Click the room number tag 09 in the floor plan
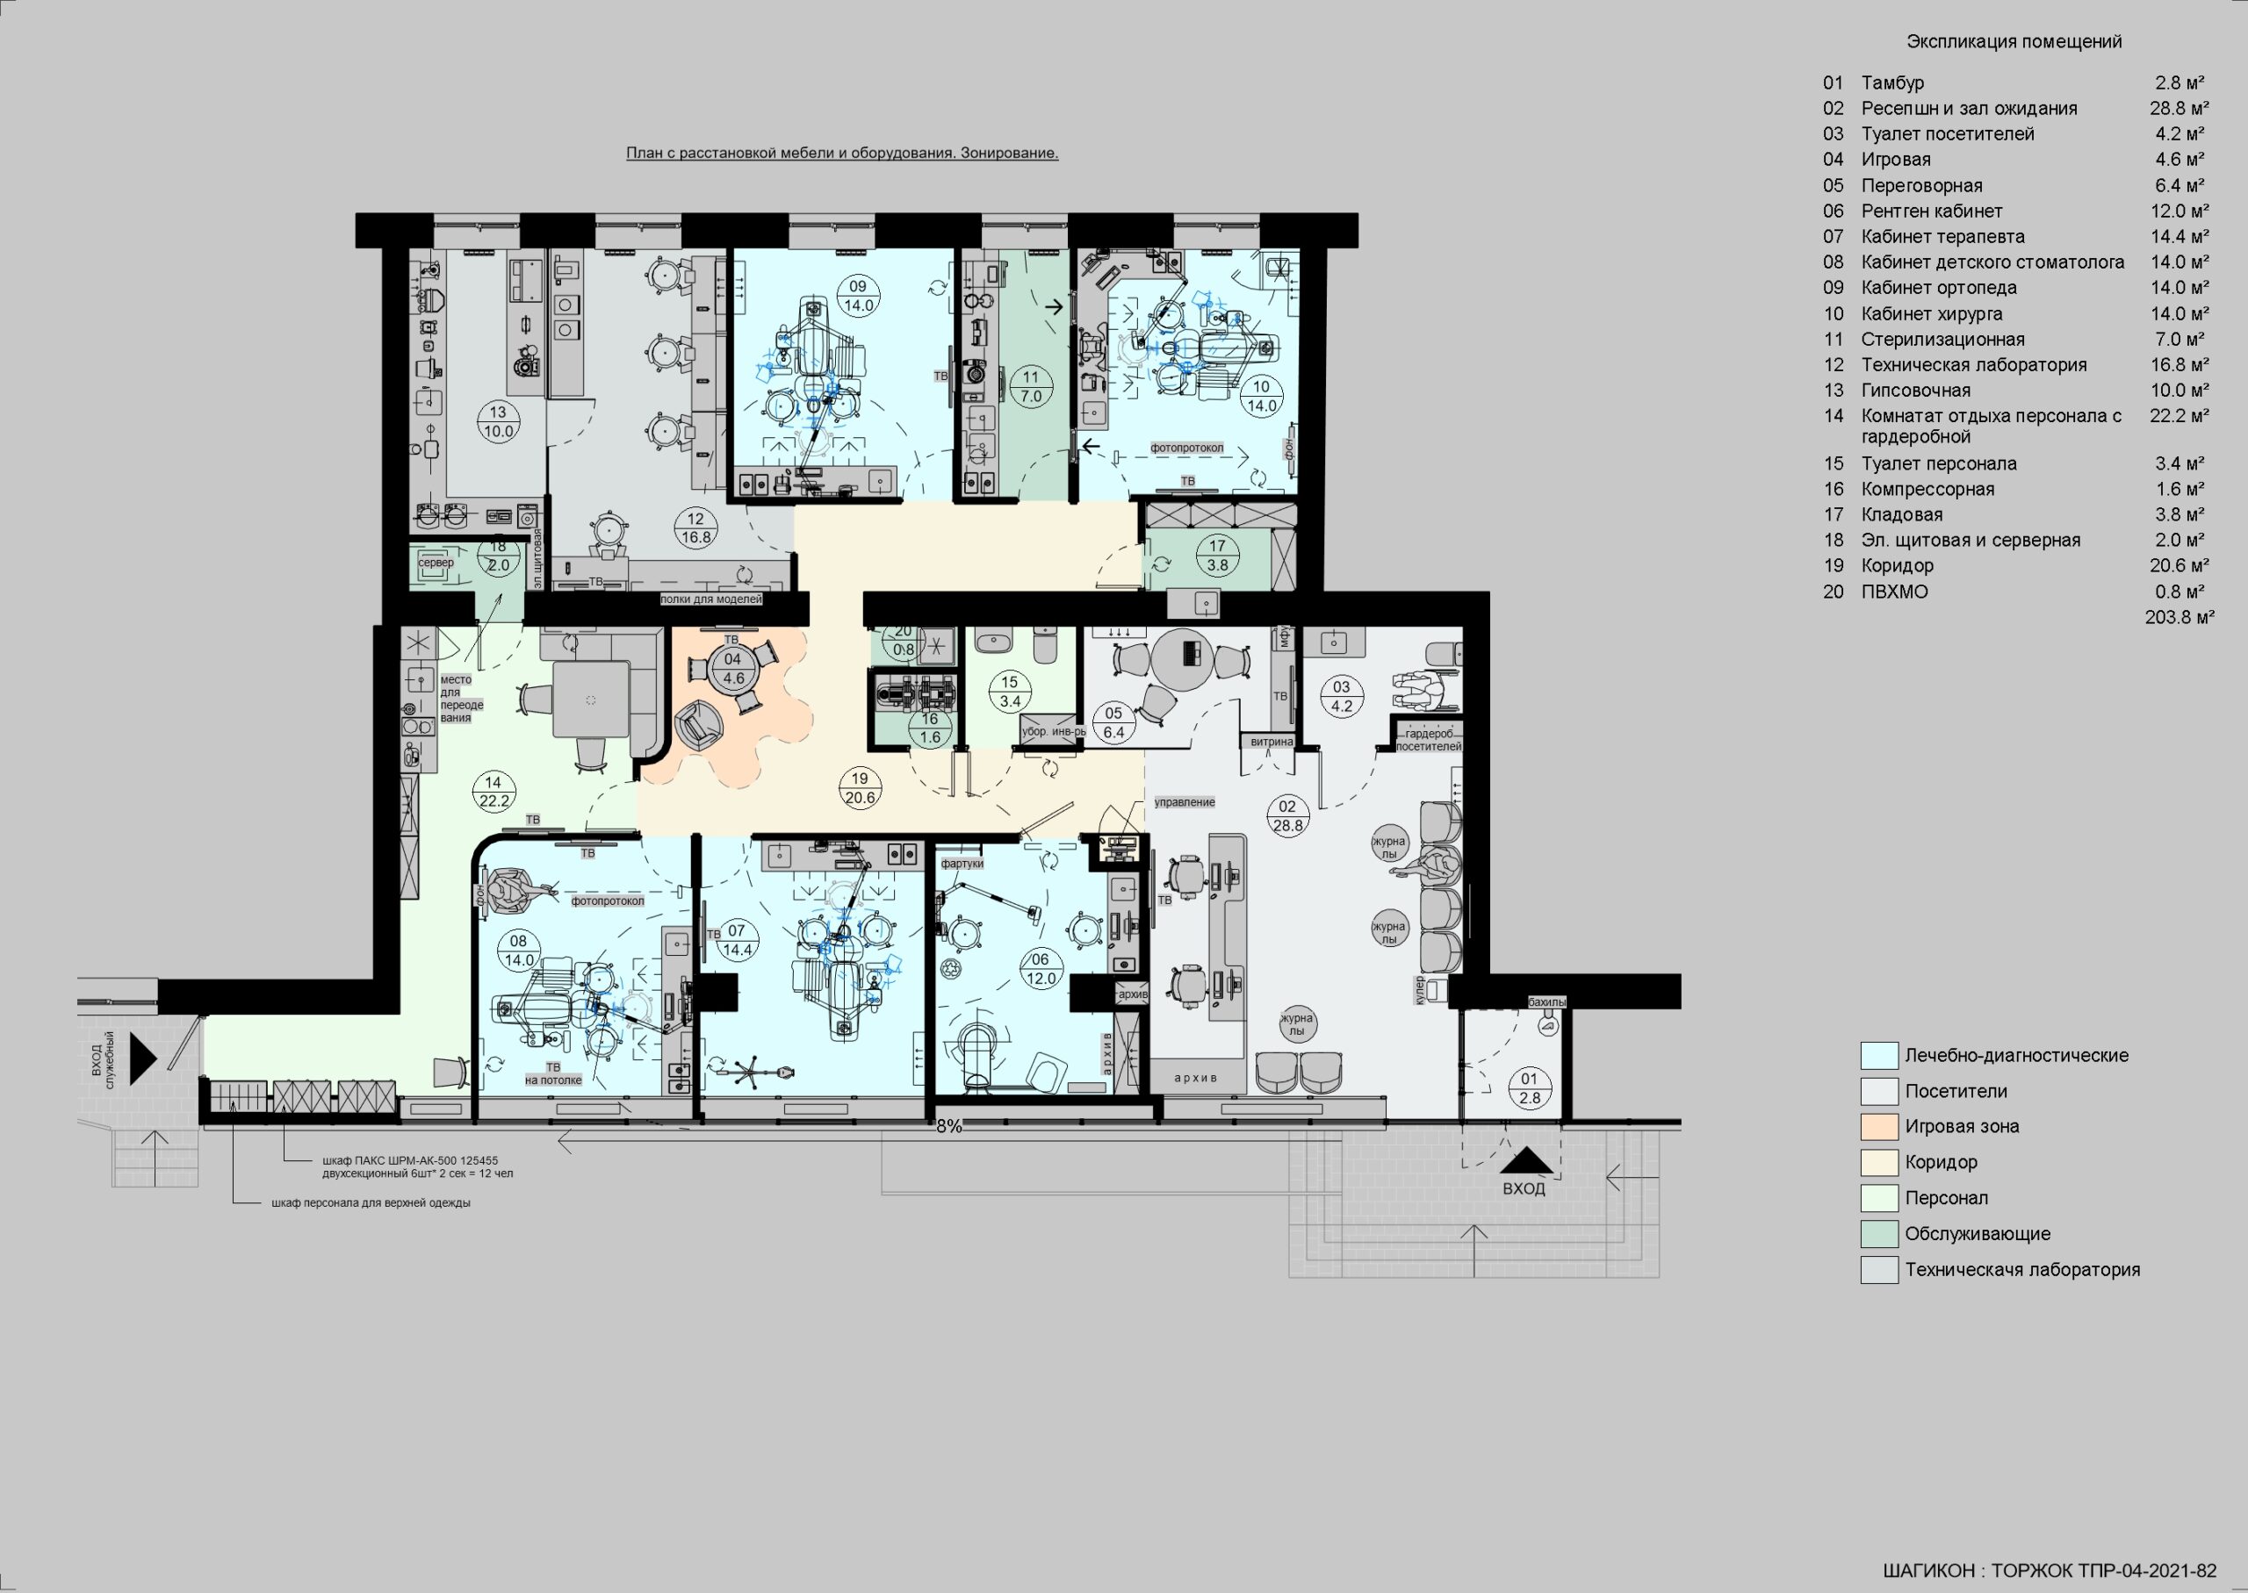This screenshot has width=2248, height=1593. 859,295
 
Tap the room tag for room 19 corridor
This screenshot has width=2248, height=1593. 860,787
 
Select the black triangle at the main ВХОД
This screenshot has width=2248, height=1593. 1526,1161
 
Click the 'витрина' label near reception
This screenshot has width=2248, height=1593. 1272,742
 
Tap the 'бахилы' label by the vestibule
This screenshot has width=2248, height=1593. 1547,1002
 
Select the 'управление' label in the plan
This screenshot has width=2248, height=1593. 1185,802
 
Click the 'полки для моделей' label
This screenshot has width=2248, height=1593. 710,599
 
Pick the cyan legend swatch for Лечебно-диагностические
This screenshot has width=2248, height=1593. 1879,1056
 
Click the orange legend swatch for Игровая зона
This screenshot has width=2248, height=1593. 1879,1126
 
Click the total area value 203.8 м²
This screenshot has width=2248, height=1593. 2180,617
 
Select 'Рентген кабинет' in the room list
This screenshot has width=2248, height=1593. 1931,211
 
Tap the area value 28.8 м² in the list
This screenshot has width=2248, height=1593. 2180,109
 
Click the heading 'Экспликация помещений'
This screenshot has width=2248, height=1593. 2014,41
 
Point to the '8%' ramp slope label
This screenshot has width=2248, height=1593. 949,1127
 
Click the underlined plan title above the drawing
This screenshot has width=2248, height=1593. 842,153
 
